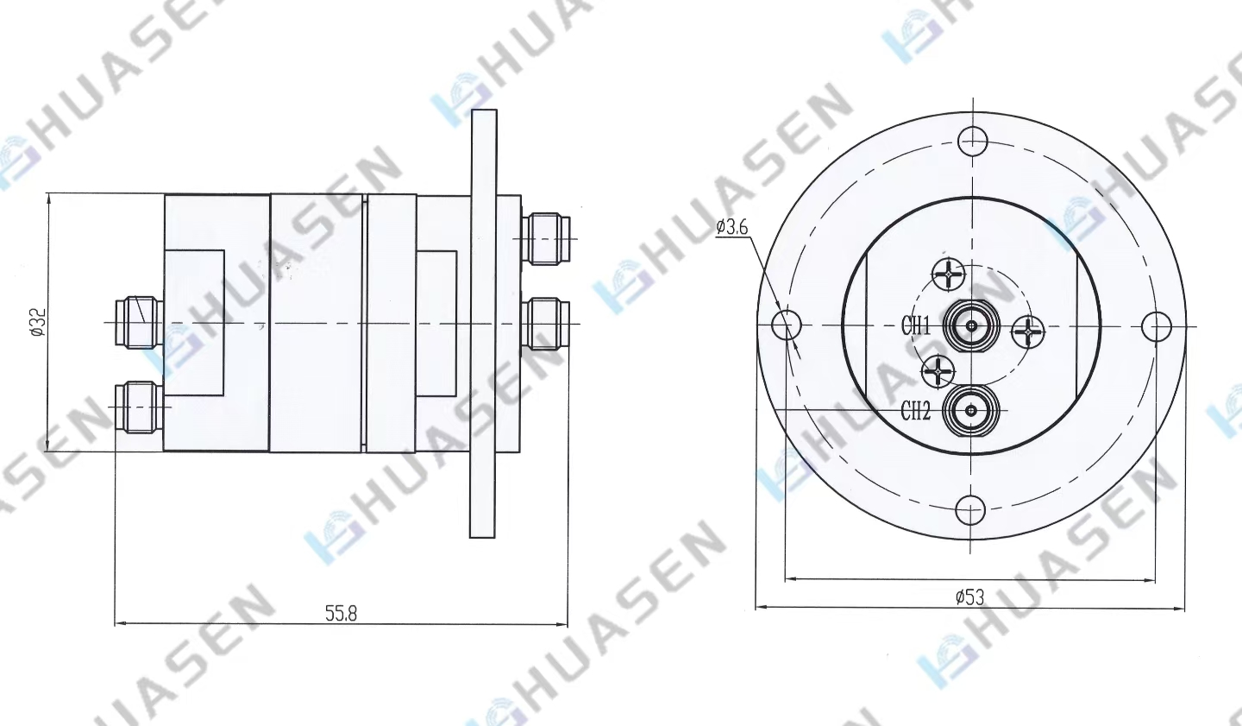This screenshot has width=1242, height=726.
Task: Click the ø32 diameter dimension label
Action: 38,322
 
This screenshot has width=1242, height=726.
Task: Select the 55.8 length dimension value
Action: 341,613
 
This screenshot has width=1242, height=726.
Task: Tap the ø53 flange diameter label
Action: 969,597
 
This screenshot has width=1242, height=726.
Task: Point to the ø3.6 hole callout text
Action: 732,226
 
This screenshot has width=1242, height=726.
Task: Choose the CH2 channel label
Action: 915,411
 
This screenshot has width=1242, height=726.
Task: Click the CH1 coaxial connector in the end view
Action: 972,325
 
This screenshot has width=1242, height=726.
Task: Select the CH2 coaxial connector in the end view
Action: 971,411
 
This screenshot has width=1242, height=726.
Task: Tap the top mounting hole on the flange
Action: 973,141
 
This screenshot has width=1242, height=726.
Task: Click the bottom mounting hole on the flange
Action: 971,509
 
